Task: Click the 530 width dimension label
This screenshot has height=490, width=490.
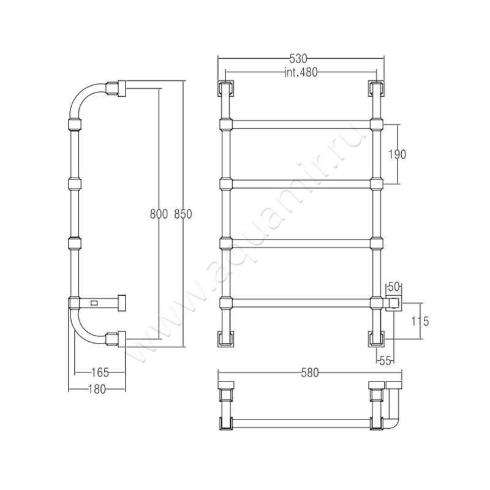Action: click(x=299, y=58)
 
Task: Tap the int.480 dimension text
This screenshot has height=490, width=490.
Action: click(x=301, y=72)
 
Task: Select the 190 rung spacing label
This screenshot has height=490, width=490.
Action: click(x=397, y=154)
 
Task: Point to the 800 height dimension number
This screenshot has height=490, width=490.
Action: click(x=159, y=214)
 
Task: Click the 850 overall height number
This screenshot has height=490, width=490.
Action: click(x=183, y=214)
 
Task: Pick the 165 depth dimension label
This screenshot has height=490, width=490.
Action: click(x=100, y=372)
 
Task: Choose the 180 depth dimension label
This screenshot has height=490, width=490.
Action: click(x=97, y=389)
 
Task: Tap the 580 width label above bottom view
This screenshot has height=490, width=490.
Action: click(x=310, y=373)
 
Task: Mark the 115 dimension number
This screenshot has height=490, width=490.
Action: click(x=420, y=321)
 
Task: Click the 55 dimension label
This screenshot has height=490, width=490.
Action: click(x=385, y=361)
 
